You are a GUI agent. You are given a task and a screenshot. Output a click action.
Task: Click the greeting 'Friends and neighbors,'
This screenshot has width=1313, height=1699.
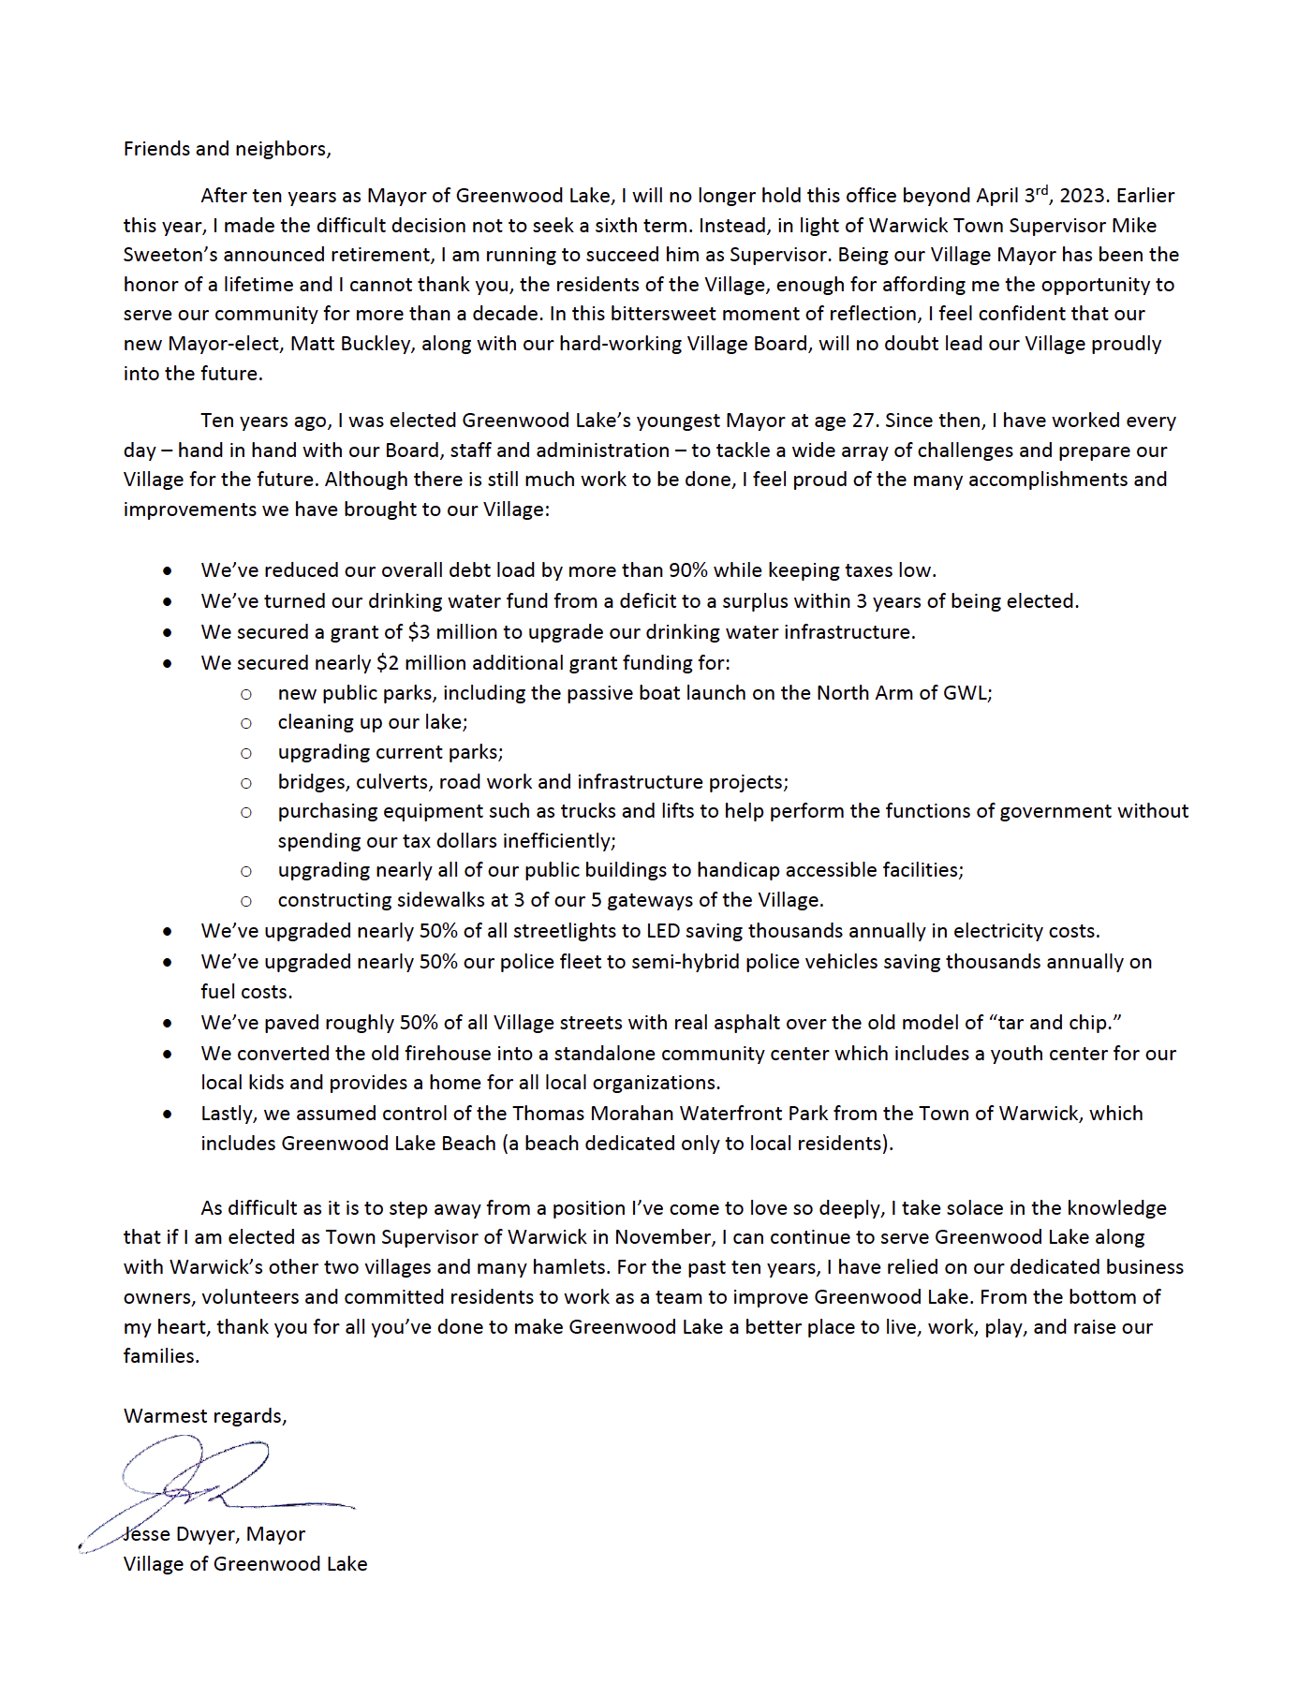[227, 149]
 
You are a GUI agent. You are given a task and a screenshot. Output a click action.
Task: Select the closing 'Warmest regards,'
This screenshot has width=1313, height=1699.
[205, 1416]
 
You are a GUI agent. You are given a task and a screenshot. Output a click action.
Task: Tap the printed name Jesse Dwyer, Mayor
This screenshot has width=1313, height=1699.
[215, 1534]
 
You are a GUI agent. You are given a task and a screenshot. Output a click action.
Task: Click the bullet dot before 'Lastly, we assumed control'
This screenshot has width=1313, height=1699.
[167, 1115]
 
